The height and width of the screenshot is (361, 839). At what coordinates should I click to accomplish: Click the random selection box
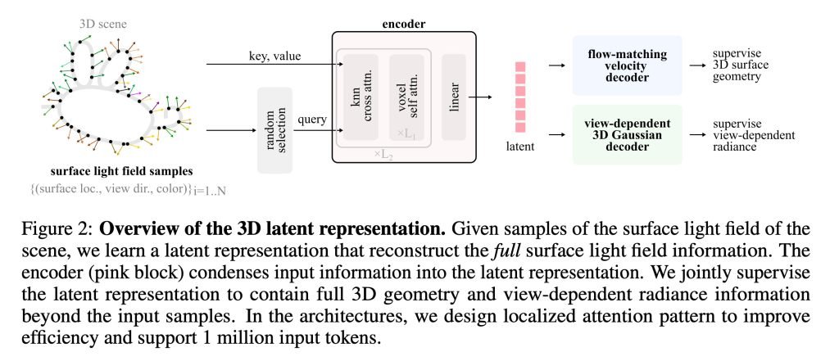coord(274,129)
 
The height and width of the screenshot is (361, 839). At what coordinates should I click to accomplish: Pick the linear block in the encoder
coord(453,97)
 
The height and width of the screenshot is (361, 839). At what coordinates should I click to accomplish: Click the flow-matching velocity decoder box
coord(626,65)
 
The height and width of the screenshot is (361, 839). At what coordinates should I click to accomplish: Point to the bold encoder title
coord(403,24)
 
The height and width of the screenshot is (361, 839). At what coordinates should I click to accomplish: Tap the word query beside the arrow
coord(311,120)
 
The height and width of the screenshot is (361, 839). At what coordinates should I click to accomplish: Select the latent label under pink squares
coord(521,146)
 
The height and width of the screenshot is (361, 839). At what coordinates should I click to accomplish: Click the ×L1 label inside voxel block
coord(407,133)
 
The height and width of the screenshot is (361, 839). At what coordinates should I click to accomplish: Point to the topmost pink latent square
coord(520,66)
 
